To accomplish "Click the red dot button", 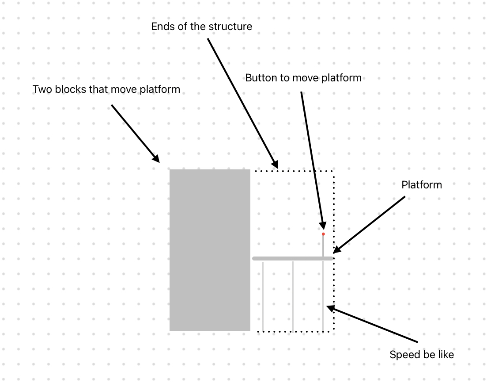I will click(323, 234).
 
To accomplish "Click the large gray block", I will click(210, 250).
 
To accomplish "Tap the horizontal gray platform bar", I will click(291, 258).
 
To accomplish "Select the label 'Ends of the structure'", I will click(201, 27).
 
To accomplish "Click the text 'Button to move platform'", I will click(303, 78).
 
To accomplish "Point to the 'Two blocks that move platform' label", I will click(106, 89).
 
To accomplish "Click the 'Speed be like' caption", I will click(422, 355).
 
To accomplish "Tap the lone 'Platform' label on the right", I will click(422, 185).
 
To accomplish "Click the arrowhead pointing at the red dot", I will click(322, 224).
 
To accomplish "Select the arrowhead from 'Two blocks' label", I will click(155, 158).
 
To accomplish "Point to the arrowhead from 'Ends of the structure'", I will click(275, 165).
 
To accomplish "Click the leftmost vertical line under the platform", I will click(263, 296).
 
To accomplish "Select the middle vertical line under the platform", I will click(293, 296).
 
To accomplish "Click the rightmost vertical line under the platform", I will click(323, 296).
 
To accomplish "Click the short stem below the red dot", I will click(323, 246).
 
